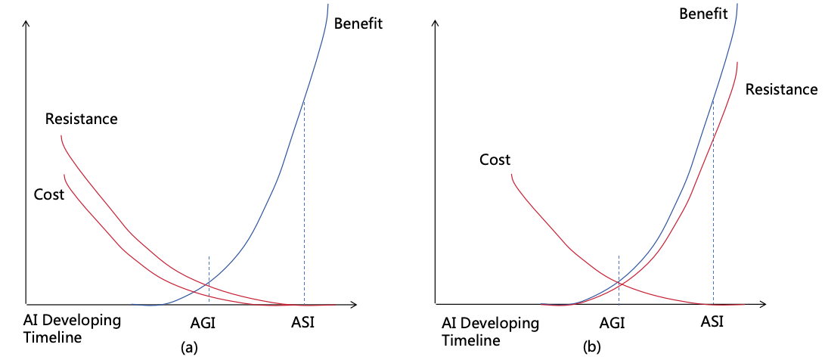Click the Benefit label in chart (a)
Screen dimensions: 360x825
tap(358, 23)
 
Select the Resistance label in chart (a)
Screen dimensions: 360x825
tap(82, 119)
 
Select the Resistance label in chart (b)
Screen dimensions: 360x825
tap(781, 89)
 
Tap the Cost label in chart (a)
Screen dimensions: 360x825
tap(49, 194)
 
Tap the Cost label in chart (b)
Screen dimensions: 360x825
tap(495, 160)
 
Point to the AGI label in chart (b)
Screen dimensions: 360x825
tap(612, 323)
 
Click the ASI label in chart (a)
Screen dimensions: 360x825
tap(302, 322)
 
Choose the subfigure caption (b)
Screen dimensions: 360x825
tap(592, 348)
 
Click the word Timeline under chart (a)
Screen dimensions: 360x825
tap(53, 337)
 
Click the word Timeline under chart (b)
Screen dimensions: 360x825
tap(471, 340)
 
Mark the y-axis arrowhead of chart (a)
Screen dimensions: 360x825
tap(26, 23)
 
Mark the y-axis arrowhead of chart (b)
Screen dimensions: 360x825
tap(436, 23)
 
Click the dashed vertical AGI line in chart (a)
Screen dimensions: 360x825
tap(208, 272)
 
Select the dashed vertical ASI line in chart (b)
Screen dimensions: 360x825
tap(713, 227)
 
